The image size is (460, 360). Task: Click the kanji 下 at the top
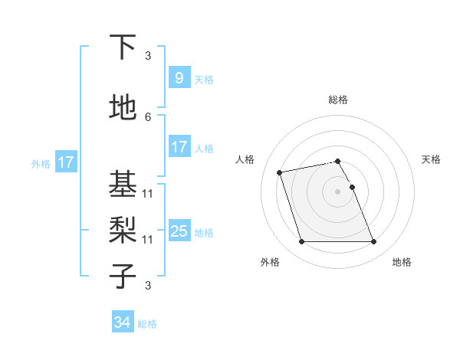(x=123, y=47)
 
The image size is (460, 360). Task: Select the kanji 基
(x=123, y=183)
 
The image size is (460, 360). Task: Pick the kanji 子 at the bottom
(x=123, y=276)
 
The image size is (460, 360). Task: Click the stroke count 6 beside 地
(x=148, y=117)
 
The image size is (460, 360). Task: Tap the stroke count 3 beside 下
(x=148, y=56)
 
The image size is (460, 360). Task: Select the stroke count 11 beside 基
(x=148, y=194)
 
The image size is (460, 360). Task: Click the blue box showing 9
(x=179, y=78)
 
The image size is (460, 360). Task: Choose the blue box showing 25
(x=179, y=231)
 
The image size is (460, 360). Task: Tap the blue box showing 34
(x=122, y=322)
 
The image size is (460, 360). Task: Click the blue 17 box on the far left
(x=65, y=162)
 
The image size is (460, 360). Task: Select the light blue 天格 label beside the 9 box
(x=204, y=80)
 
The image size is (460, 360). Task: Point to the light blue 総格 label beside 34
(x=147, y=324)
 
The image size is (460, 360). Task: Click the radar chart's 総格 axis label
(x=338, y=100)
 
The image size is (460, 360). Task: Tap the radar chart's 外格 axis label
(x=270, y=262)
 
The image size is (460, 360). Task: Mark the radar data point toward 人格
(x=280, y=172)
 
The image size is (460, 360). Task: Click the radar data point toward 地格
(x=373, y=242)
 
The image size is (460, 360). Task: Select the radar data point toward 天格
(x=352, y=187)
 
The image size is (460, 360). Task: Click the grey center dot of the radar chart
(x=337, y=191)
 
